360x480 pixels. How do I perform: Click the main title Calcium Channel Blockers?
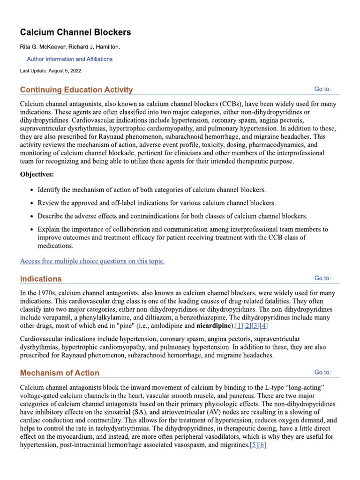point(75,32)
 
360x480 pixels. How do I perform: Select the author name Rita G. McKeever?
point(41,47)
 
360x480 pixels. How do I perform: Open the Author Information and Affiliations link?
point(69,59)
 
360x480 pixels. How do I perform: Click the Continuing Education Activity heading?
point(76,90)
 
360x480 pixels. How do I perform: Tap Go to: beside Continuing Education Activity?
point(322,89)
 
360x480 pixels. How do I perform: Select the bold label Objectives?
point(37,174)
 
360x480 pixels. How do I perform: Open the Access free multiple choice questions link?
point(92,261)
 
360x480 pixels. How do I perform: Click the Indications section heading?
point(41,278)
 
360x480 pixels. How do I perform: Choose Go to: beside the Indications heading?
point(322,278)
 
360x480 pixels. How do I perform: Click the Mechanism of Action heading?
point(60,373)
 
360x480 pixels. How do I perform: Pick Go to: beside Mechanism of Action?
point(322,372)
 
